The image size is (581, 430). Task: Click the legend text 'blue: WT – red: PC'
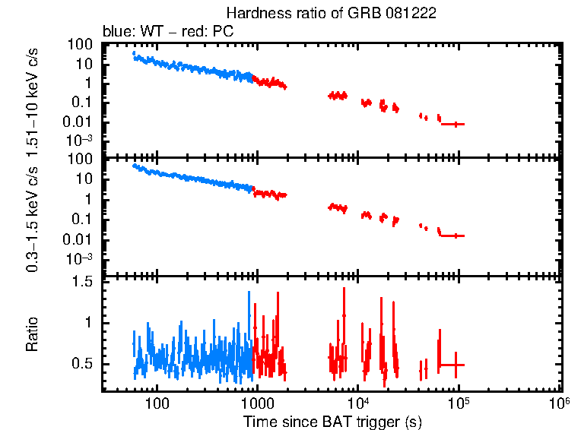click(168, 32)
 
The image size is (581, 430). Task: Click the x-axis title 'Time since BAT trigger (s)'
click(332, 421)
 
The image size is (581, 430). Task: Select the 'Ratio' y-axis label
click(33, 334)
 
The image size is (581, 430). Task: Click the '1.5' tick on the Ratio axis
click(83, 282)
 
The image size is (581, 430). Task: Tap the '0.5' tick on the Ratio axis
click(83, 365)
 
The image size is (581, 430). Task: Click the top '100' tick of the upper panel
click(81, 45)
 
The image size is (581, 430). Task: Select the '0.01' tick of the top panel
click(80, 122)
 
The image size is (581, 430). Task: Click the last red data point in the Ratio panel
click(456, 365)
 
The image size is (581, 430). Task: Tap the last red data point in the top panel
click(456, 124)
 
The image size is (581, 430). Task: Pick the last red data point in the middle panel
click(456, 236)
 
